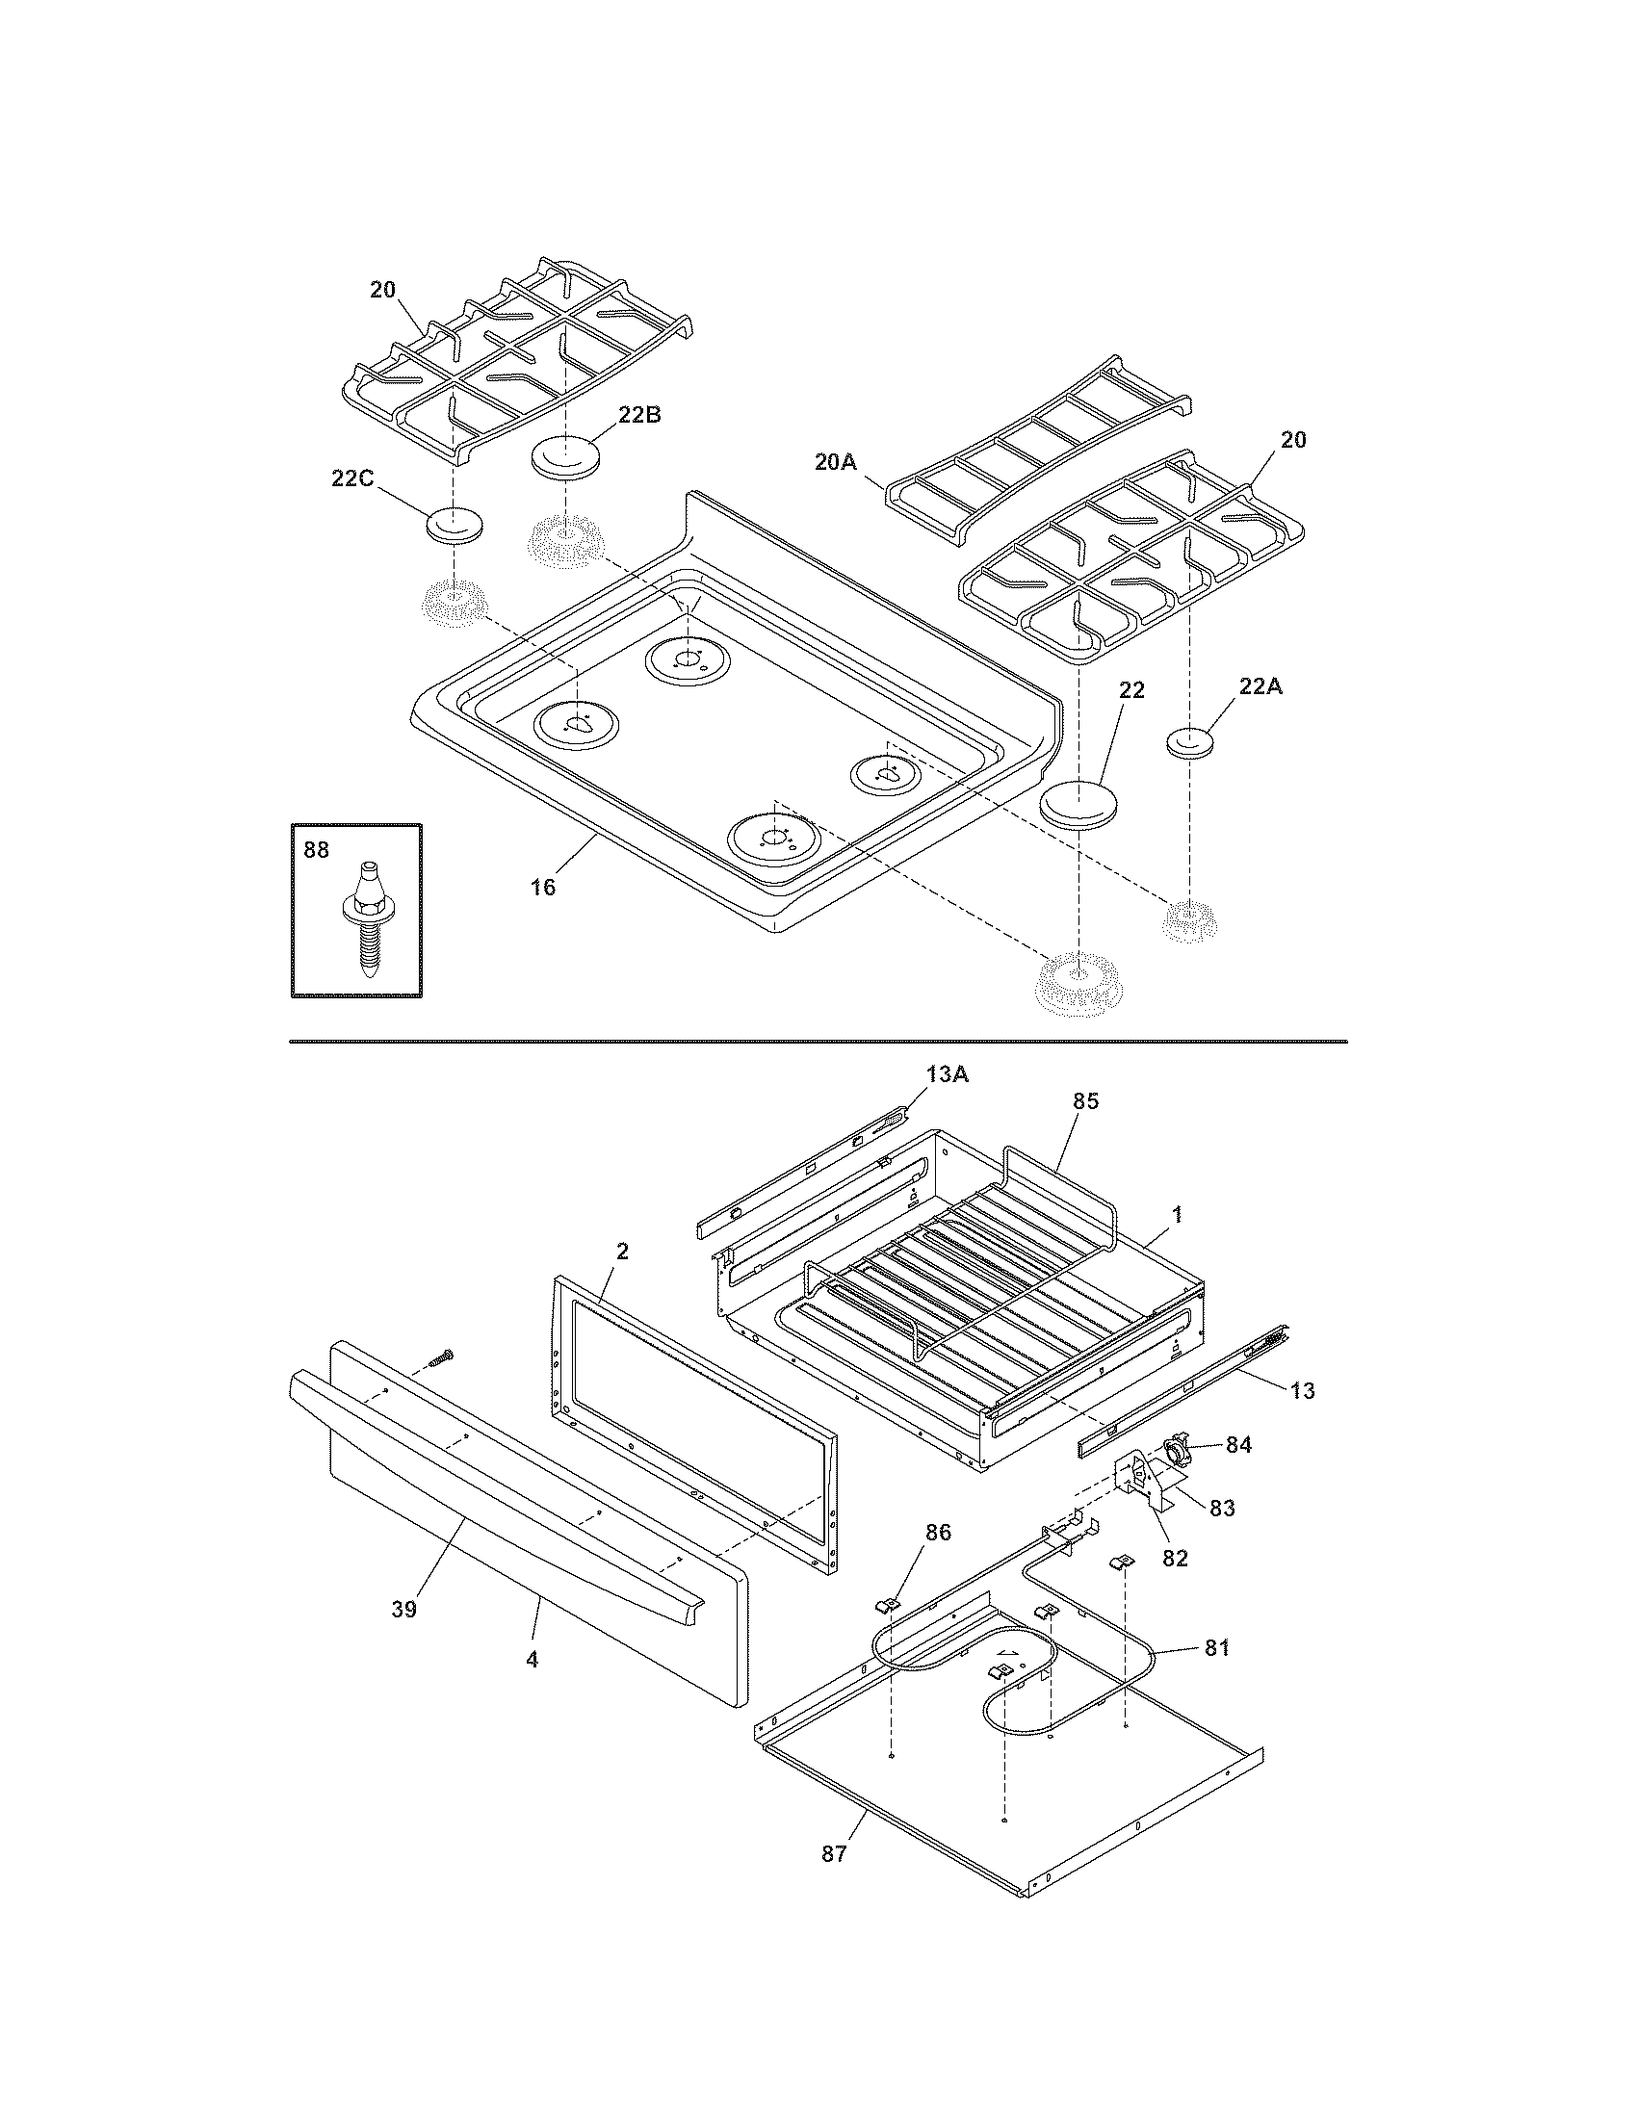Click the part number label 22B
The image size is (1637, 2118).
tap(639, 414)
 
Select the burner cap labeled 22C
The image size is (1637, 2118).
tap(454, 526)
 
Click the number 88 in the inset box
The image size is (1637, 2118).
tap(316, 850)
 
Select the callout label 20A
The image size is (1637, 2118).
tap(835, 462)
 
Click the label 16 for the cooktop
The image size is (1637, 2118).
tap(543, 887)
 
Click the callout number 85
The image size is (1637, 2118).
tap(1085, 1101)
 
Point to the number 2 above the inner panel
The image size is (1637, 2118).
tap(622, 1251)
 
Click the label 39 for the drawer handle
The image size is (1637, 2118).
tap(403, 1609)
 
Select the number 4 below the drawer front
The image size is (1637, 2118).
tap(532, 1660)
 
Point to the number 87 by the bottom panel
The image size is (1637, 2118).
tap(834, 1854)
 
